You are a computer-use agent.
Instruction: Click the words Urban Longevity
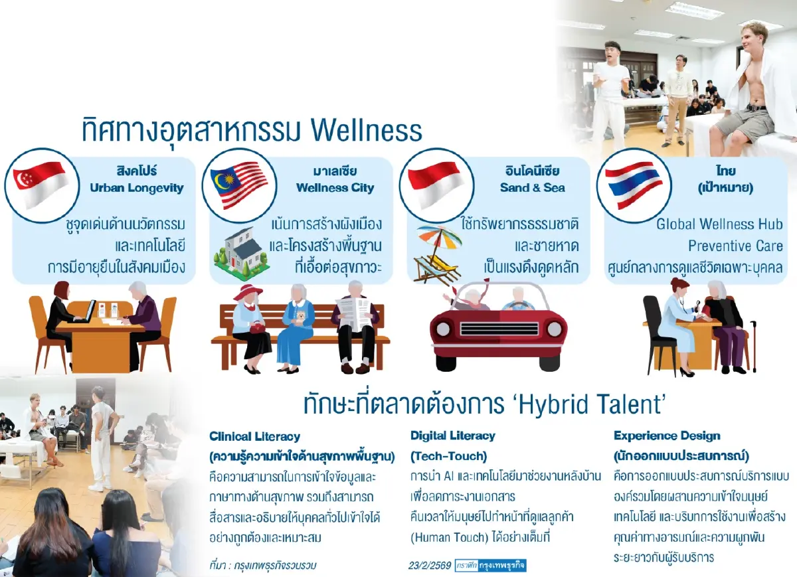137,188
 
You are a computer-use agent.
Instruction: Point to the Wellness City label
335,188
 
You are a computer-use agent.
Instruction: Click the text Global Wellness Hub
719,224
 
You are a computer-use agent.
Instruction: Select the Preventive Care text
735,246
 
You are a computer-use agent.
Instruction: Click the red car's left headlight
444,329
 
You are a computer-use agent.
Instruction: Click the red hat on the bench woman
247,292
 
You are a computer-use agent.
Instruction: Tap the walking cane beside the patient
753,345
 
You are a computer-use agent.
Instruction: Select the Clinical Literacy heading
254,437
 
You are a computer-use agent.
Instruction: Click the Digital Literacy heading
452,436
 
